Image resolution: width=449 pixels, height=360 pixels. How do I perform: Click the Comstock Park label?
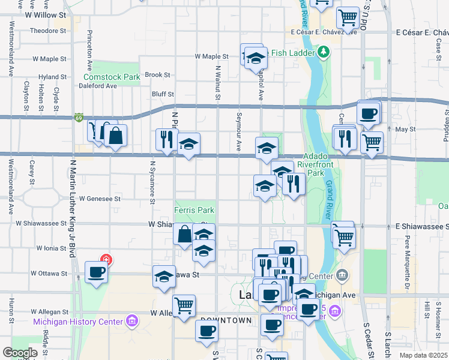pyautogui.click(x=112, y=77)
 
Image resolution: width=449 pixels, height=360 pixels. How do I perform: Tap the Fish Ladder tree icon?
pyautogui.click(x=324, y=52)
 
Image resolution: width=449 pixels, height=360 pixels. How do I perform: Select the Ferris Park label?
pyautogui.click(x=194, y=211)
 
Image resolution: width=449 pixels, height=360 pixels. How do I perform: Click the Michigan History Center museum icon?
pyautogui.click(x=131, y=322)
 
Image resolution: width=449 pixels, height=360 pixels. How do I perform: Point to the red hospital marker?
pyautogui.click(x=106, y=260)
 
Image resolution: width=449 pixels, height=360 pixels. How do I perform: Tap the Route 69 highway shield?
pyautogui.click(x=79, y=118)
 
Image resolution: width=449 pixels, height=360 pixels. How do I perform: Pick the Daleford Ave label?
pyautogui.click(x=98, y=86)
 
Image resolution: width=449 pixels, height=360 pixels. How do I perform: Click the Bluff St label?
pyautogui.click(x=163, y=94)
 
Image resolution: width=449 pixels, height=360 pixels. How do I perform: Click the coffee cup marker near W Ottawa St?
pyautogui.click(x=97, y=272)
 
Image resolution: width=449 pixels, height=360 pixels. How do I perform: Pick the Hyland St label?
pyautogui.click(x=53, y=77)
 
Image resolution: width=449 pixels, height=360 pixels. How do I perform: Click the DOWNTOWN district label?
pyautogui.click(x=226, y=320)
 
